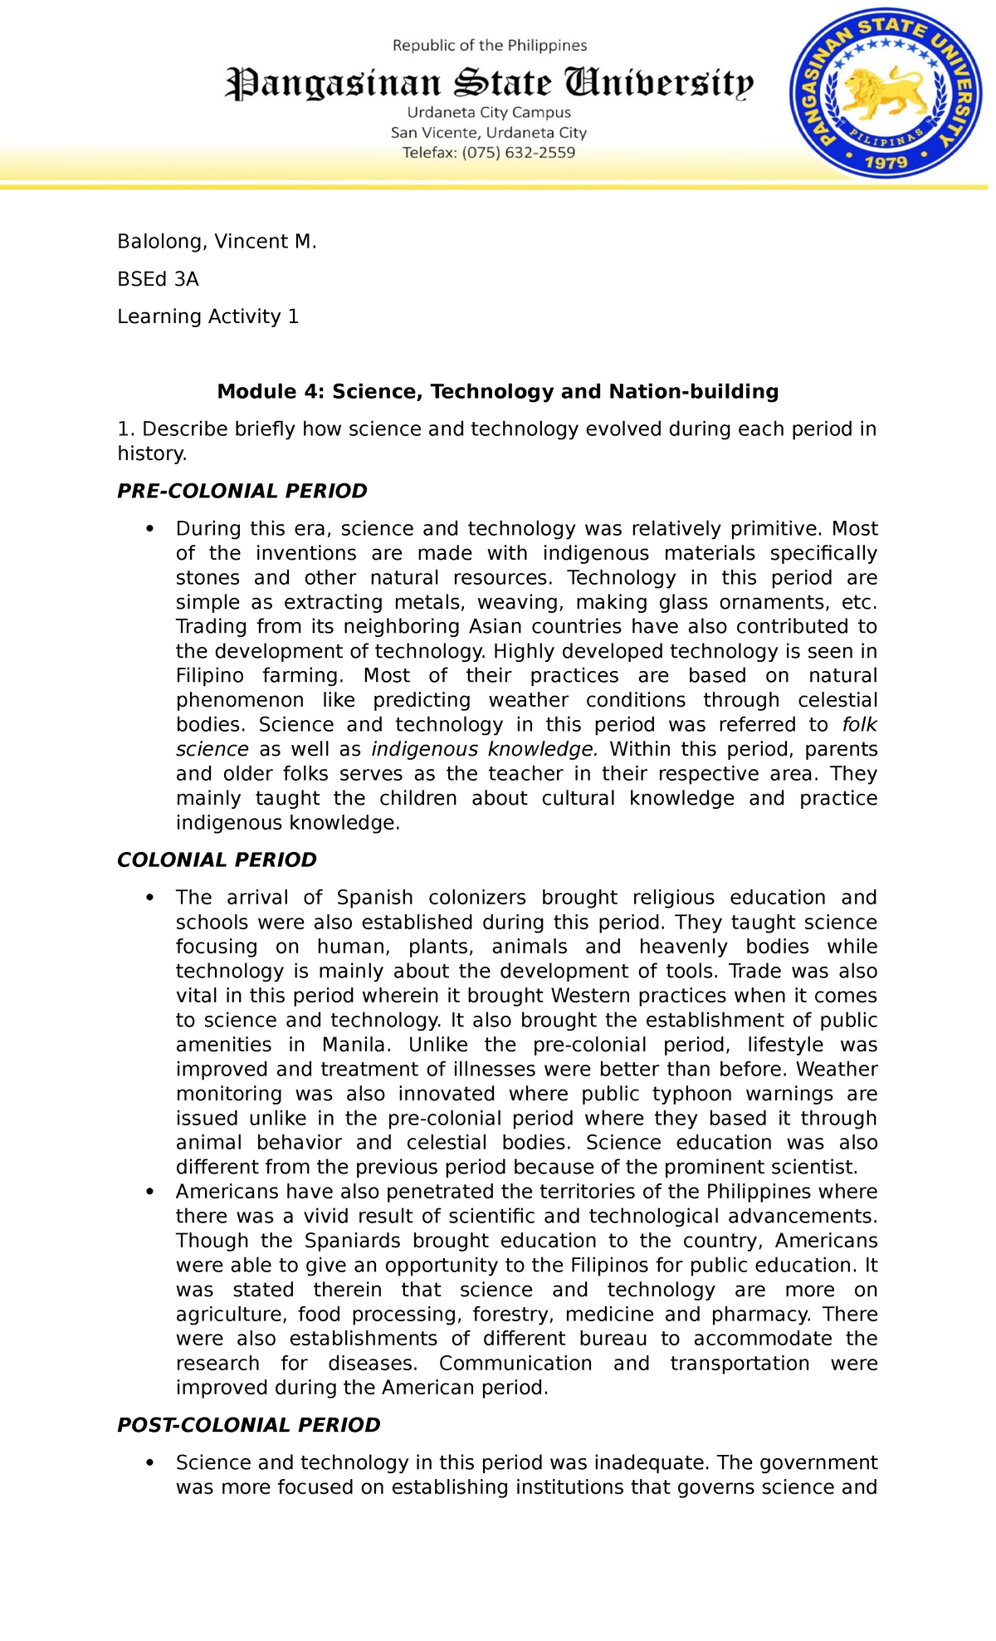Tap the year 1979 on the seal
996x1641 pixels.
click(886, 162)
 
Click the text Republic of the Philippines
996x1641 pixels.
click(490, 46)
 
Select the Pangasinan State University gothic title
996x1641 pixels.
click(490, 84)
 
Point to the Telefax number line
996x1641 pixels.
click(489, 153)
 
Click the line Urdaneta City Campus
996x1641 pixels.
click(489, 112)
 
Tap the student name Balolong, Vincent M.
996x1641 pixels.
click(217, 242)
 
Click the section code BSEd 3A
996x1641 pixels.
click(158, 279)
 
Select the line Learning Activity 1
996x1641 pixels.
click(207, 316)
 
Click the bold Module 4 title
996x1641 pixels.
click(497, 391)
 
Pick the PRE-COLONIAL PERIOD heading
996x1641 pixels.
click(242, 491)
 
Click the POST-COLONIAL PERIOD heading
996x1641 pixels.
click(248, 1425)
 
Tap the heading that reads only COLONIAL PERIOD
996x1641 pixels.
click(217, 860)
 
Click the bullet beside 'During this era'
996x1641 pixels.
click(150, 529)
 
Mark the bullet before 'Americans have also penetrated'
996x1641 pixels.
click(150, 1192)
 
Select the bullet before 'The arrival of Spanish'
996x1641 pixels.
click(150, 898)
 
